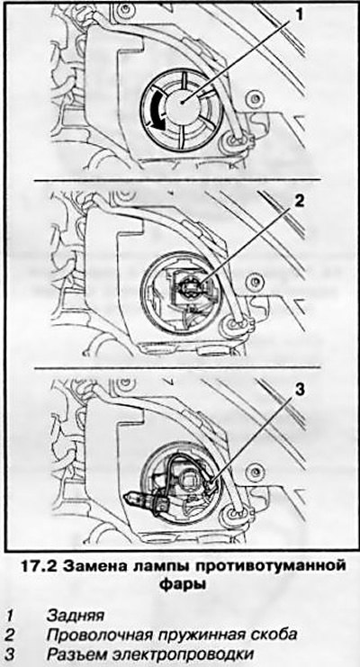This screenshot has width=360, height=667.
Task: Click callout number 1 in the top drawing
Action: click(300, 15)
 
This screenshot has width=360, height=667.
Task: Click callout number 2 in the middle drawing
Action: click(300, 202)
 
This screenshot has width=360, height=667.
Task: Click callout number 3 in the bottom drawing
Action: click(300, 390)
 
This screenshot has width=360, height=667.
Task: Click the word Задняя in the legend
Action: click(75, 616)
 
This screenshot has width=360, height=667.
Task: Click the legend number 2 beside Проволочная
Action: click(10, 635)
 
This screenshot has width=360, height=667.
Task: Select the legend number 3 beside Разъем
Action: click(10, 653)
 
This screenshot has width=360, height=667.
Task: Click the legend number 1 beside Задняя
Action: click(10, 616)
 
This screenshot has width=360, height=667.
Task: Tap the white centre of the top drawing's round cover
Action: click(181, 104)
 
